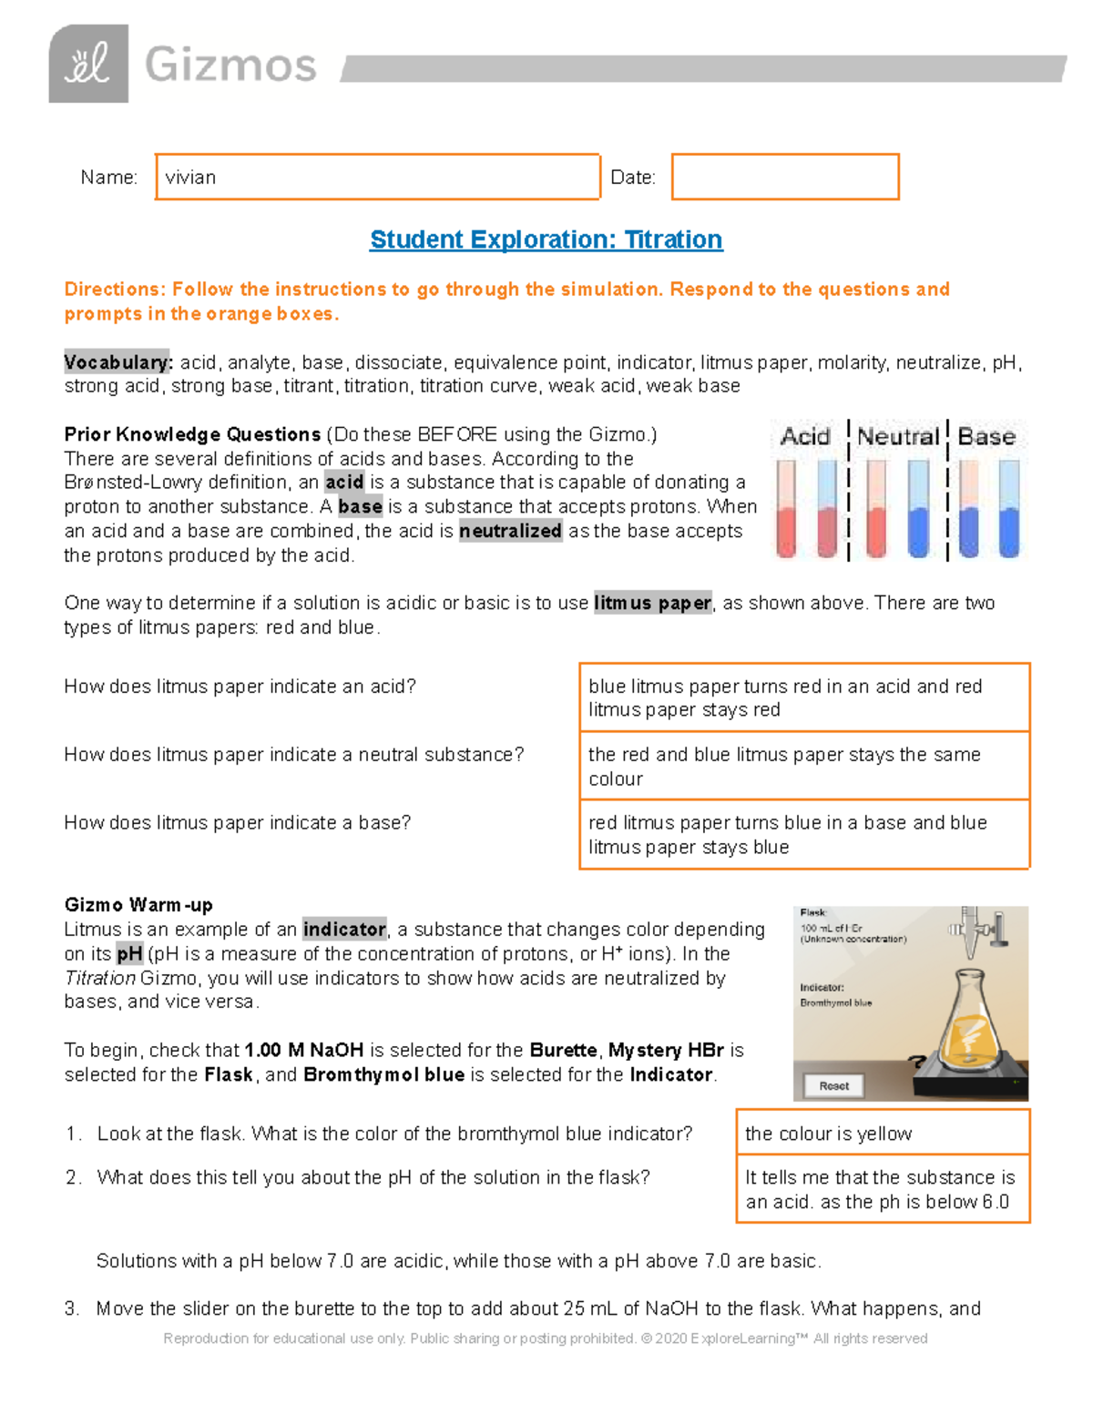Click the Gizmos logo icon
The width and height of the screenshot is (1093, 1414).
pos(88,64)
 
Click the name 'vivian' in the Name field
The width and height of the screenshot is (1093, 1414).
pos(191,178)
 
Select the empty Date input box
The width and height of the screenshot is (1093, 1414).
pos(785,177)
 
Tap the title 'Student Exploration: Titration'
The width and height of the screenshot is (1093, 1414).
pos(546,239)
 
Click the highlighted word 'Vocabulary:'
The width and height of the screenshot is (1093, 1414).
pos(118,362)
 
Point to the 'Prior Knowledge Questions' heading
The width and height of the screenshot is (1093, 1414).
pos(192,434)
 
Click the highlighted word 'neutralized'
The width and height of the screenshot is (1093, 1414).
pos(510,531)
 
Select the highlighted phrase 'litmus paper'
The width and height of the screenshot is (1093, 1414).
pos(652,603)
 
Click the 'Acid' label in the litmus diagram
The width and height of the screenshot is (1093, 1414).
pos(805,437)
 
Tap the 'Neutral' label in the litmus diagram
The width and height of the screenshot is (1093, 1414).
pos(898,437)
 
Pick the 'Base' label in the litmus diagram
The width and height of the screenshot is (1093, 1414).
pos(986,437)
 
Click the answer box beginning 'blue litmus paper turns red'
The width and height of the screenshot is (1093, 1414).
pos(804,697)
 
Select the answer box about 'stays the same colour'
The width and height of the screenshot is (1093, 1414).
pos(804,766)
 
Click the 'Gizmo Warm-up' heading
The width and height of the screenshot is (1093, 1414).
pos(138,905)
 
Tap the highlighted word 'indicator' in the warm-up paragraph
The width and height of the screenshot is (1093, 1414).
pos(344,930)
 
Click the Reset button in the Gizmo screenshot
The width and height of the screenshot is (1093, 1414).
pos(833,1085)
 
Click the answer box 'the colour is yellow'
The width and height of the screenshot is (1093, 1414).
pos(882,1133)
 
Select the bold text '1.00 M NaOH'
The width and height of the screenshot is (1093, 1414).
pos(304,1050)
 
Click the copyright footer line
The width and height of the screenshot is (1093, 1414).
pos(546,1338)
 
